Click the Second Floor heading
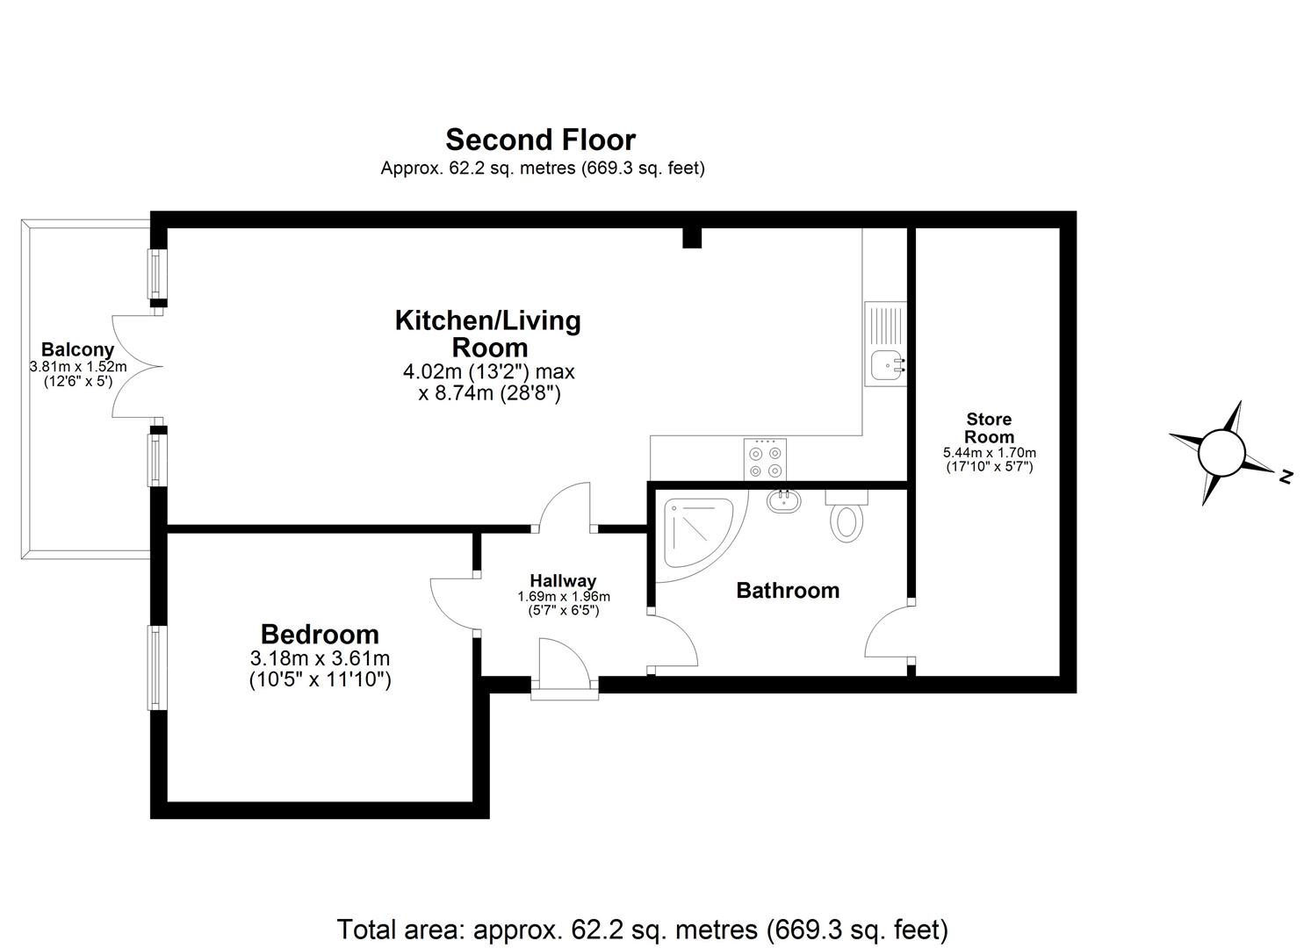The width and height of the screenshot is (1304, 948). point(540,140)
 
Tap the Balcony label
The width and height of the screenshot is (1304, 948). point(77,349)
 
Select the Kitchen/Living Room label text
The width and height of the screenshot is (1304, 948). point(488,334)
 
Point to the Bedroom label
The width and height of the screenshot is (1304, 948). point(320,634)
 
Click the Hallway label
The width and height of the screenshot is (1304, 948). point(563,580)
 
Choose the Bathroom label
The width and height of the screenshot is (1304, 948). point(788,590)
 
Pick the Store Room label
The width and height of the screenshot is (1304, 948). point(990,428)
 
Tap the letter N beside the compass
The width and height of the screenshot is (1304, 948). point(1286,477)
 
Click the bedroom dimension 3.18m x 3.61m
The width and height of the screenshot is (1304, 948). point(320,658)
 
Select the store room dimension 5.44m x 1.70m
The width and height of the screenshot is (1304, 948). point(990,452)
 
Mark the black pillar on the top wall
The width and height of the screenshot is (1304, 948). point(692,238)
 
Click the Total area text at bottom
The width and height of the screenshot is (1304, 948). point(643,929)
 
